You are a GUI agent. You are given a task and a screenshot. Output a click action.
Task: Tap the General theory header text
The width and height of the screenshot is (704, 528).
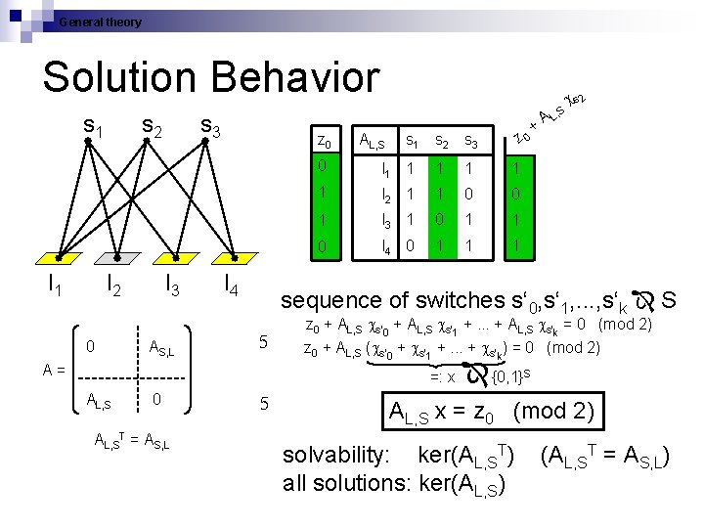(100, 22)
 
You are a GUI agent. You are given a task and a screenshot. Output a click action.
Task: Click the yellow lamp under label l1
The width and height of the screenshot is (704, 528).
(51, 258)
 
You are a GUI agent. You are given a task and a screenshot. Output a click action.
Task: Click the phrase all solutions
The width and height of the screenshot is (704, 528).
(338, 482)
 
